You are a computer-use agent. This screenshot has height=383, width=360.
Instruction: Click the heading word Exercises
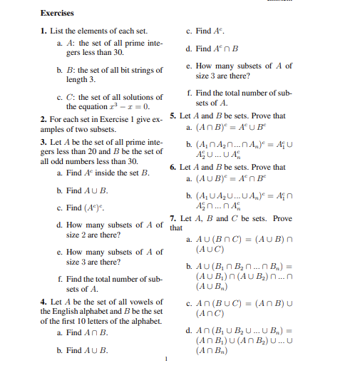point(58,13)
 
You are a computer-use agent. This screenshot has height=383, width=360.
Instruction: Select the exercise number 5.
point(173,116)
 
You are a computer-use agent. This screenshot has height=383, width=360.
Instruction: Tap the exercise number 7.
point(173,218)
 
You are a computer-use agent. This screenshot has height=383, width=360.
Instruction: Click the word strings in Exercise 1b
point(153,70)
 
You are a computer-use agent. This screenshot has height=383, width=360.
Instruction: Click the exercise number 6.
point(173,167)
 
